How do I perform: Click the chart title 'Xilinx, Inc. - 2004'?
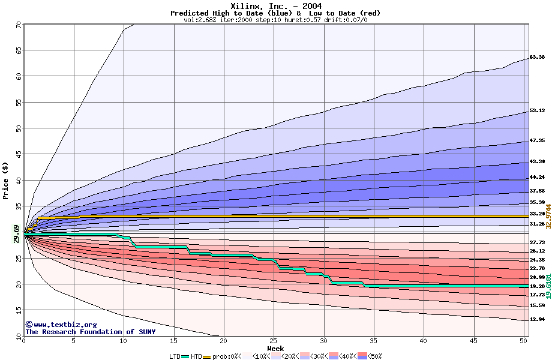click(x=276, y=7)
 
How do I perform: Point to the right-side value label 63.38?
click(x=537, y=58)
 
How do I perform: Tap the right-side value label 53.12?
click(x=537, y=111)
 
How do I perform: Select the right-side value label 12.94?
click(x=537, y=319)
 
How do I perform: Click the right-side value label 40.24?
click(x=537, y=178)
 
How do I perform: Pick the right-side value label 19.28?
click(x=537, y=287)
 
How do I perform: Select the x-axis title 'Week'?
click(x=275, y=349)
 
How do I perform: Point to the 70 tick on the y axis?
click(x=18, y=25)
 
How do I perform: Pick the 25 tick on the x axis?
click(x=274, y=341)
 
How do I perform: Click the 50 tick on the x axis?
click(x=523, y=341)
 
